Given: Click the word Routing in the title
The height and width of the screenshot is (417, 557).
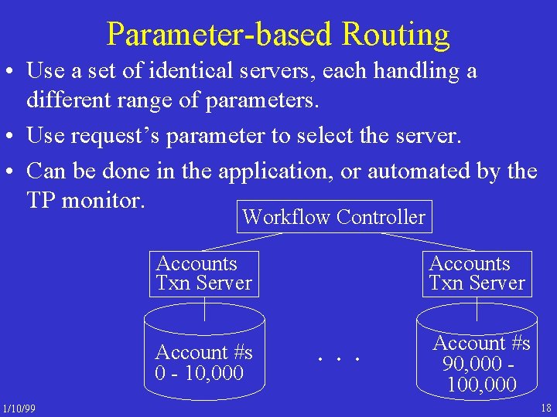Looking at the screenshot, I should tap(395, 35).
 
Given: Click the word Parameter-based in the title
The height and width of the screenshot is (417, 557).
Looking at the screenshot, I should tap(220, 35).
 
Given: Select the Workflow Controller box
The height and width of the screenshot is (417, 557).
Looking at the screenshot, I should tap(333, 218).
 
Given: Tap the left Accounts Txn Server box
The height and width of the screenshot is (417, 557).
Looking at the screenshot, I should tap(204, 273).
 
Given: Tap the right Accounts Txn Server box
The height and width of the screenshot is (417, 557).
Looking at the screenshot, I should tap(477, 273).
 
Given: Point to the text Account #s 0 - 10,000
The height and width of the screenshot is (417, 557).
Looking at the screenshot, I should tap(203, 363).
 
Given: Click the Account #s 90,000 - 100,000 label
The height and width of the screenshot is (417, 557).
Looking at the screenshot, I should tap(481, 363).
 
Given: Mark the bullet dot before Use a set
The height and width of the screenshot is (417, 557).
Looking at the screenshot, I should tap(12, 73).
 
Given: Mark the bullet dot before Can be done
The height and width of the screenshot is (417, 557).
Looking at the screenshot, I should tap(12, 171).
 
